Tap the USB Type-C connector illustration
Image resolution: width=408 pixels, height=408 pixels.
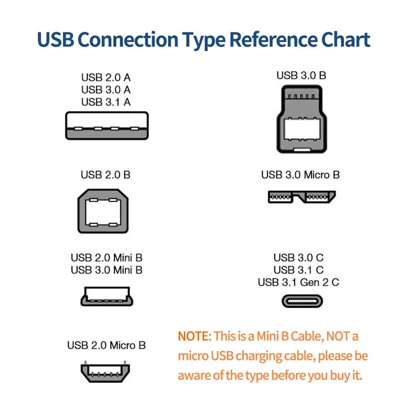[302, 300]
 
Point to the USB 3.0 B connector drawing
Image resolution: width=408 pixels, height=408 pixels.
[301, 120]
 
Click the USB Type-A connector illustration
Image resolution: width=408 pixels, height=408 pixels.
[107, 125]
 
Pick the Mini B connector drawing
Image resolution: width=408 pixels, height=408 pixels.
[106, 296]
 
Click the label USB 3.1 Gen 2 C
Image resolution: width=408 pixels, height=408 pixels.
[298, 282]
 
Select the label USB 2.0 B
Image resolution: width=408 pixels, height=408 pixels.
[106, 175]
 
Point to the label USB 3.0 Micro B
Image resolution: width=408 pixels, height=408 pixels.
[300, 175]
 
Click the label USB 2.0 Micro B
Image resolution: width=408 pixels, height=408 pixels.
[106, 345]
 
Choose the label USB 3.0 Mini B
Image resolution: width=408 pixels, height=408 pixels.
[107, 270]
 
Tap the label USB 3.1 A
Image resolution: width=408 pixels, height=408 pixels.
[106, 101]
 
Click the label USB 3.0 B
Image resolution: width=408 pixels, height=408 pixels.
[301, 75]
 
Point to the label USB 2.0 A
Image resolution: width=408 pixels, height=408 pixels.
[106, 78]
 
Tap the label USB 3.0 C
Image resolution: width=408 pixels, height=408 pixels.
[298, 258]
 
